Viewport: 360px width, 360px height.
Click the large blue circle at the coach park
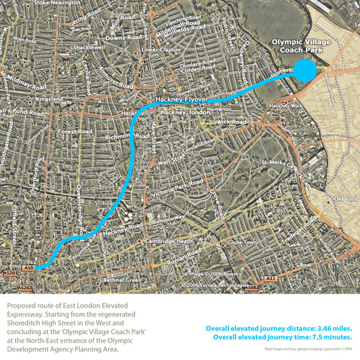pos(304,71)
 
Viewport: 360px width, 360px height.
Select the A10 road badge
pos(28,268)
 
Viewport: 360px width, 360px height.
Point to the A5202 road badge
pos(24,288)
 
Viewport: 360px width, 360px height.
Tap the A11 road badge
pos(271,279)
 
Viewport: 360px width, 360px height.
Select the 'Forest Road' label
pos(75,131)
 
